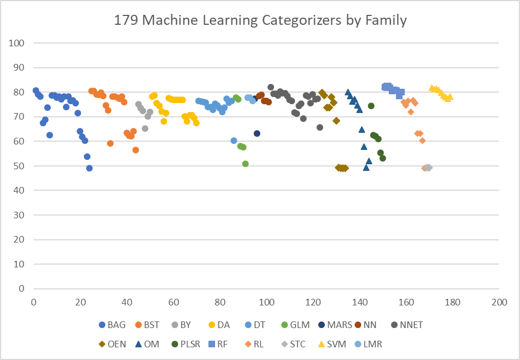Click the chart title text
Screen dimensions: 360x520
[260, 21]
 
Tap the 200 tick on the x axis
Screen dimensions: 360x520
[499, 302]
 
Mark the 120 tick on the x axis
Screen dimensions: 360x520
[313, 302]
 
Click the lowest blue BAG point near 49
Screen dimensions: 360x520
[89, 168]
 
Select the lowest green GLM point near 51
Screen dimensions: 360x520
[245, 164]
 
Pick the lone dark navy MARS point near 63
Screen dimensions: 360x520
[257, 133]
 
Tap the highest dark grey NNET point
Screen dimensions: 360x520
[271, 87]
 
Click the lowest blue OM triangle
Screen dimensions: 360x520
[366, 168]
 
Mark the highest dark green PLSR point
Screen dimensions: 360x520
[371, 106]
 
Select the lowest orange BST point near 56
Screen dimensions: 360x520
[136, 150]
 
